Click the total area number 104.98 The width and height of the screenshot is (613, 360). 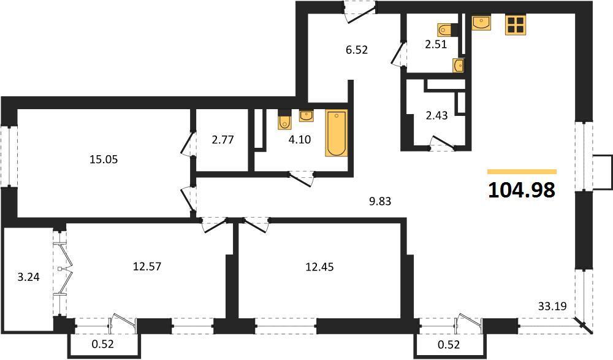tap(522, 190)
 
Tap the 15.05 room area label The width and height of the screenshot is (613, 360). tap(104, 159)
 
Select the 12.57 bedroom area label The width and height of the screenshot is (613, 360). tap(147, 267)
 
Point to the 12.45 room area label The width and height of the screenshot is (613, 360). tap(320, 267)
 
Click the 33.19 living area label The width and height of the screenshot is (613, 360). tap(552, 306)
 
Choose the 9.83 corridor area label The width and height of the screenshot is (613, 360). tap(380, 201)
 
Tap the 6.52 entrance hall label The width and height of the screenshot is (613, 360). tap(357, 50)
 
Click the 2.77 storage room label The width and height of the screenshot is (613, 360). tap(223, 140)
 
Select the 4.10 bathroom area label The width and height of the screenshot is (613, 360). tap(300, 139)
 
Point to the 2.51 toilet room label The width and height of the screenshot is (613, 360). tap(436, 44)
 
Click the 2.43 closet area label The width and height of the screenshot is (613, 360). tap(436, 115)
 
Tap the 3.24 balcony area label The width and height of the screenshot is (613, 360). tap(29, 277)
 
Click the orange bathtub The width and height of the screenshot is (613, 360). tap(336, 133)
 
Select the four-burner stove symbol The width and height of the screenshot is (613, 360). tap(516, 25)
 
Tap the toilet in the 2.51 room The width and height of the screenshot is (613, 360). tap(445, 29)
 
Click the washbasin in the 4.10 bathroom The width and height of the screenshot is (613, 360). tap(306, 115)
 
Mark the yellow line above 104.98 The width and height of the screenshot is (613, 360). tap(522, 171)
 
